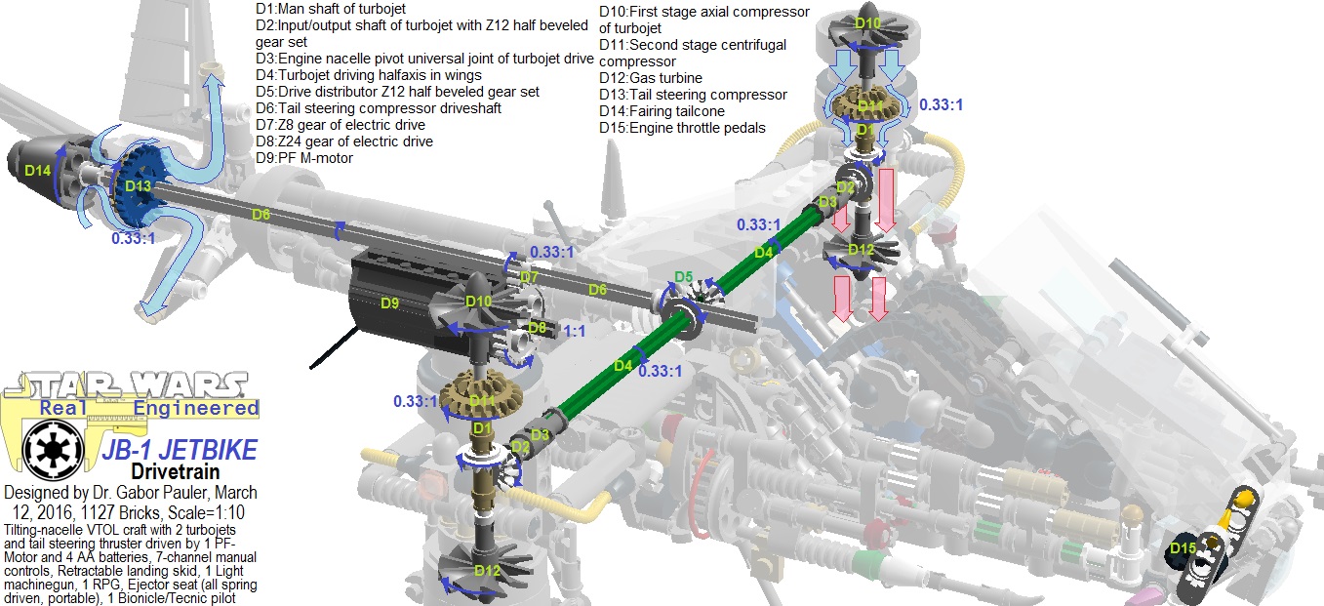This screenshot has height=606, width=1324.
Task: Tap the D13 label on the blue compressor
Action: pos(138,185)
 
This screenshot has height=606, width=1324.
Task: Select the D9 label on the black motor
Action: pos(389,303)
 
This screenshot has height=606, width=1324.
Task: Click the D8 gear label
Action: pos(536,327)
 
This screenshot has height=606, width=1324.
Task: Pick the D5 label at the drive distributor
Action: pos(684,277)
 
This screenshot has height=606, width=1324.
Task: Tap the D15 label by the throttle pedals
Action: pos(1183,548)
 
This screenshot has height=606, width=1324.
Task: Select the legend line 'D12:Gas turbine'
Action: pos(650,78)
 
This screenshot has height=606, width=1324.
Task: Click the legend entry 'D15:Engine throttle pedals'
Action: pos(682,128)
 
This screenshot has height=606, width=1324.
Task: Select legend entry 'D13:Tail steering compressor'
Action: pos(692,95)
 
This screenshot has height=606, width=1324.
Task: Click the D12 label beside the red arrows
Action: pos(862,249)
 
